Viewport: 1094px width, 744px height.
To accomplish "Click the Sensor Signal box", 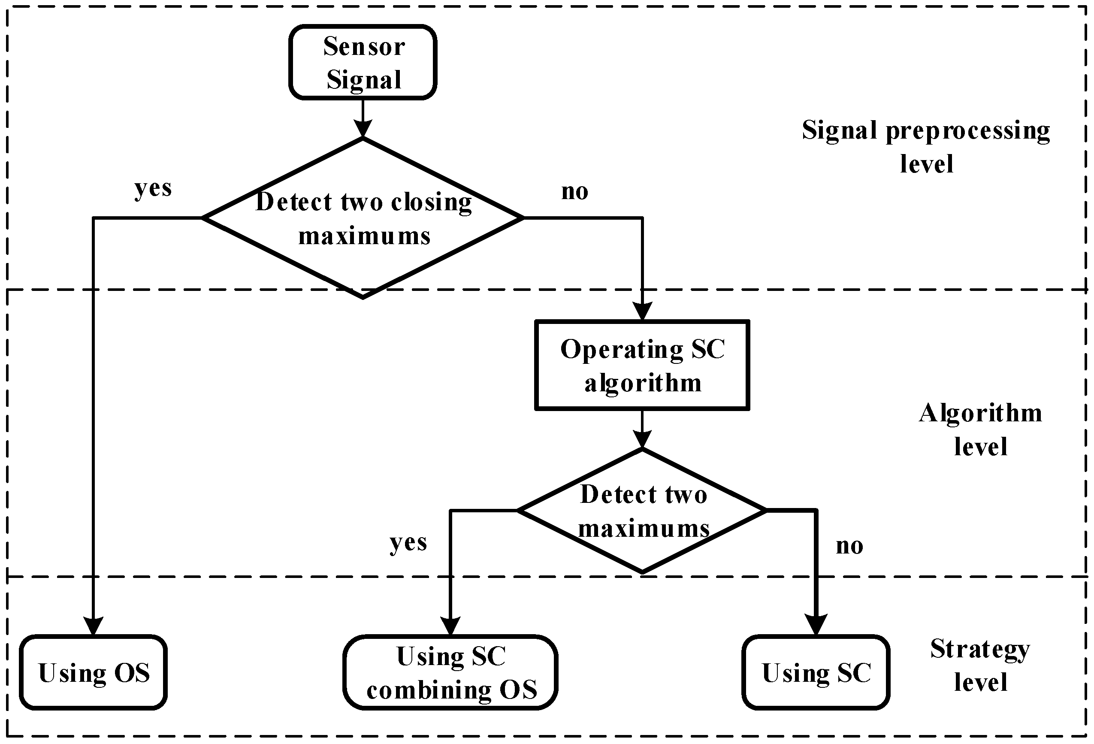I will tap(363, 62).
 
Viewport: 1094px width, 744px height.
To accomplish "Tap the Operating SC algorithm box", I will tap(642, 365).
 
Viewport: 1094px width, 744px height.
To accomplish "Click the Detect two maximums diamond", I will tap(643, 511).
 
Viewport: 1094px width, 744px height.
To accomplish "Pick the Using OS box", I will tap(93, 672).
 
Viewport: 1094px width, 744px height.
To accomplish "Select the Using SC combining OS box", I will tap(450, 672).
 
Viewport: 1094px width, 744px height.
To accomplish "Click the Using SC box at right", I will tap(816, 672).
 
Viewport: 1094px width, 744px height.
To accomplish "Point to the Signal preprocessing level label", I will tap(926, 146).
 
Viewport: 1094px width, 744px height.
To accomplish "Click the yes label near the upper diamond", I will tap(153, 188).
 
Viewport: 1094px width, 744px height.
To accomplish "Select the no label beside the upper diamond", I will tap(574, 192).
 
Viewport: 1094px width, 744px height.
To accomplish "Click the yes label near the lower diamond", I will tap(408, 542).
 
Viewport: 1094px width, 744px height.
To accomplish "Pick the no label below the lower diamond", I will tap(849, 546).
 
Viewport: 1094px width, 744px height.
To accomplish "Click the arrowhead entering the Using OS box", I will tap(93, 626).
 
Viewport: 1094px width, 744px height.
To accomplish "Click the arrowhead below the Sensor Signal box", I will tap(363, 128).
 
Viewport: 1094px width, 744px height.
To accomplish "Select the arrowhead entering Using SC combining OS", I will tap(450, 626).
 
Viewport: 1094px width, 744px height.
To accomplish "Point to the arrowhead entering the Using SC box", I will tap(816, 625).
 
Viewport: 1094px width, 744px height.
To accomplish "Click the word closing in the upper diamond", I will tap(431, 202).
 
